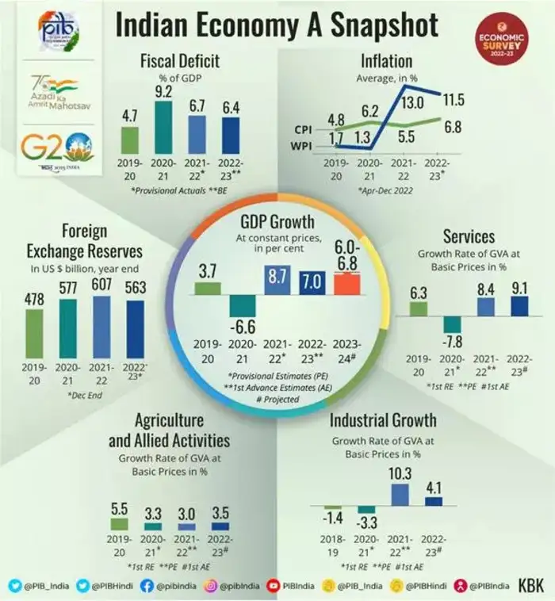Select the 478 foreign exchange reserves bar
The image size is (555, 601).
click(x=36, y=332)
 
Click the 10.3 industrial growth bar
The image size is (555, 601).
click(x=400, y=495)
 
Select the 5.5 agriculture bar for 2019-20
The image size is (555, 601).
click(x=119, y=524)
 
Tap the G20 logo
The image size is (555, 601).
click(x=57, y=147)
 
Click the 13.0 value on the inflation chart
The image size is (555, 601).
click(x=411, y=101)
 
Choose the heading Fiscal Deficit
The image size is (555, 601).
click(x=179, y=61)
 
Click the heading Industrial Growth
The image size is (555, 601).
click(x=382, y=420)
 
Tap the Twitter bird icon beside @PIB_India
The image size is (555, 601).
click(x=13, y=586)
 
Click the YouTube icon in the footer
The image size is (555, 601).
click(x=277, y=586)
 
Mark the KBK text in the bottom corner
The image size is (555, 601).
click(x=530, y=586)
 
